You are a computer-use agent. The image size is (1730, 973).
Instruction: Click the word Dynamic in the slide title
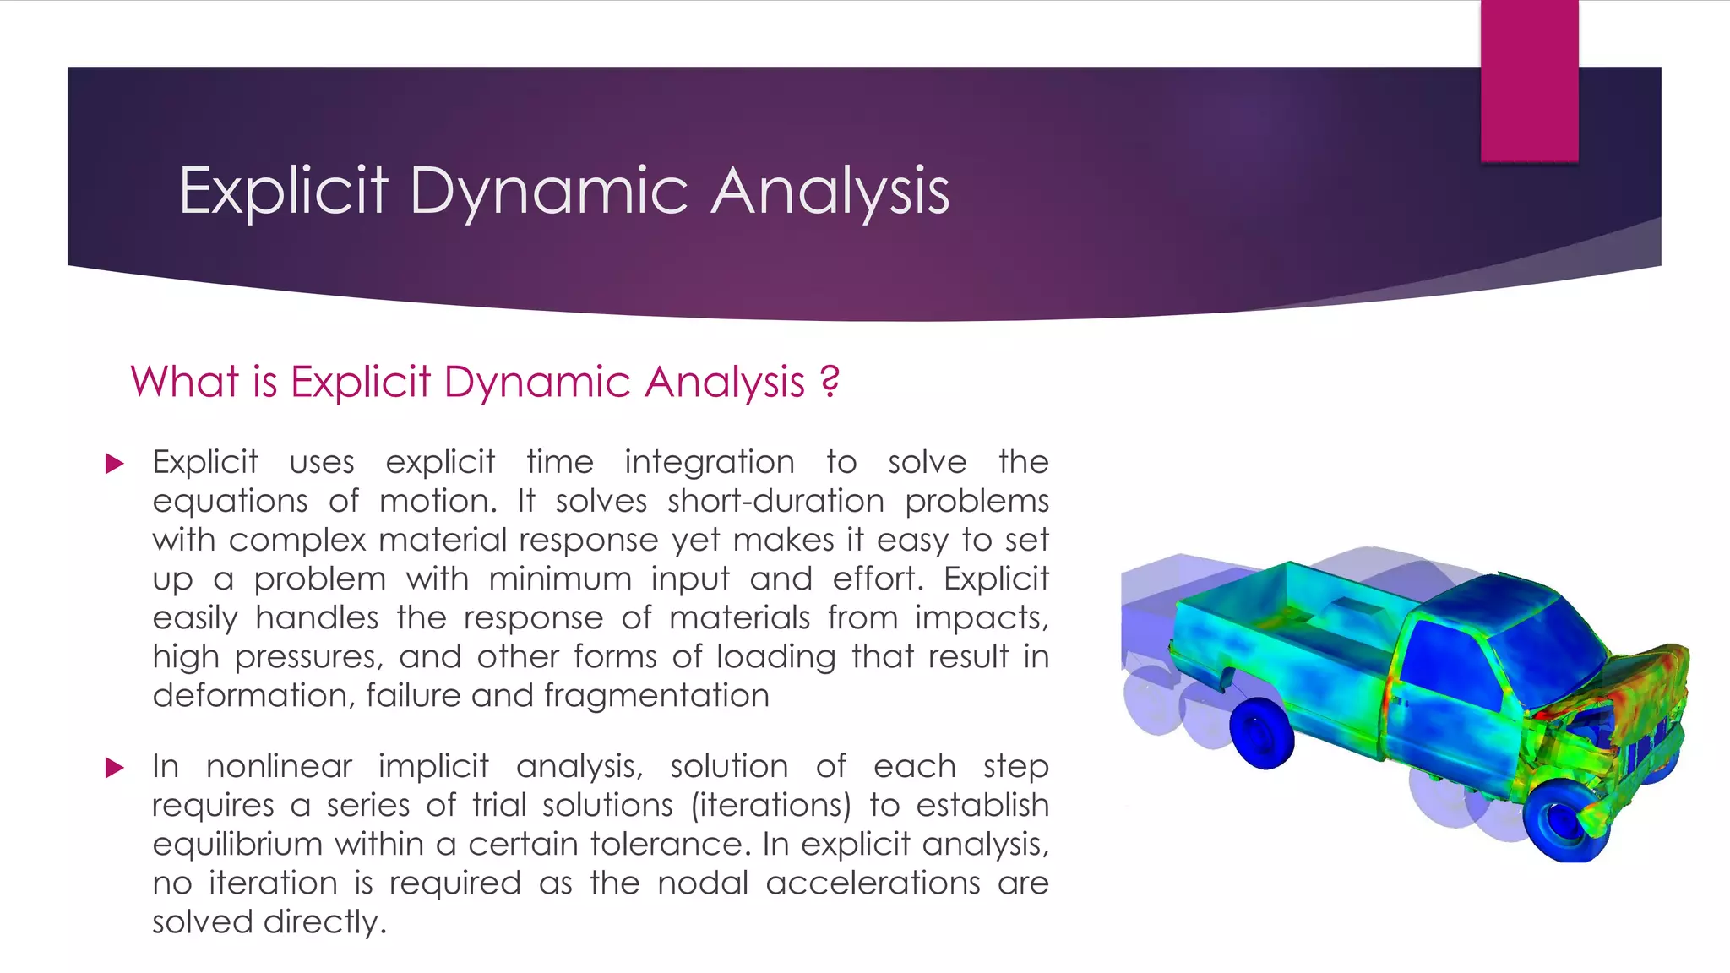tap(549, 191)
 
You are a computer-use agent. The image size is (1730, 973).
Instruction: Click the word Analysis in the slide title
tap(830, 191)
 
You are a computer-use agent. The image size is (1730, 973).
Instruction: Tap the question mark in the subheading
tap(830, 381)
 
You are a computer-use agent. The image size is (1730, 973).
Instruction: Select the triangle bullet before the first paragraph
tap(114, 464)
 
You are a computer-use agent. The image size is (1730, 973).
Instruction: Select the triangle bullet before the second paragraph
tap(114, 768)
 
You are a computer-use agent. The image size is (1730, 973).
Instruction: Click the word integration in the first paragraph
tap(709, 462)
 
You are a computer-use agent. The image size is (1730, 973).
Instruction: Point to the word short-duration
tap(775, 501)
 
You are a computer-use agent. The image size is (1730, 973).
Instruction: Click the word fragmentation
tap(656, 695)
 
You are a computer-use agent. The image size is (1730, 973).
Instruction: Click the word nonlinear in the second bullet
tap(279, 766)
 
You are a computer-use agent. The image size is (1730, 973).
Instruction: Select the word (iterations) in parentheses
tap(770, 805)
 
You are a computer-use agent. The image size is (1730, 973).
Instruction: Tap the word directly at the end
tap(324, 921)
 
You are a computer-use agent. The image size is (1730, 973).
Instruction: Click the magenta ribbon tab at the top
tap(1529, 80)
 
